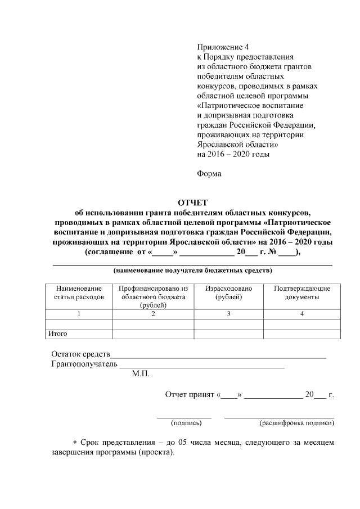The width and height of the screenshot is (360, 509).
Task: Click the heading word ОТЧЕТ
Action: click(193, 202)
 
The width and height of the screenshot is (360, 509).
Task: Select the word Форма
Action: click(209, 173)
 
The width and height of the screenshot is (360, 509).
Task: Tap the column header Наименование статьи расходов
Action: click(79, 292)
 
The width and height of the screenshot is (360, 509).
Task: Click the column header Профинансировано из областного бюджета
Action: click(153, 296)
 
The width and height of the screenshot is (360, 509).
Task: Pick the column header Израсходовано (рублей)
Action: click(228, 292)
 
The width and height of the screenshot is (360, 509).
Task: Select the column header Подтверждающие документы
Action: click(302, 292)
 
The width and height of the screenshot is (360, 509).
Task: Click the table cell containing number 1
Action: click(79, 314)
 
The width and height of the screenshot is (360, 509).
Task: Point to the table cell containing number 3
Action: click(228, 314)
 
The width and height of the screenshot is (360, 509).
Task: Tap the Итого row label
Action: click(58, 334)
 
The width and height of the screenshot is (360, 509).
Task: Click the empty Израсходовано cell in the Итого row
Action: click(228, 334)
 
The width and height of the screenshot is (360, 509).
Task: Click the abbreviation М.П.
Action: click(141, 374)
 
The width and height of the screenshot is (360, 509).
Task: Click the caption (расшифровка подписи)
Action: click(296, 422)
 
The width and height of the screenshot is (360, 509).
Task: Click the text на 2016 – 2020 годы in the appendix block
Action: click(233, 154)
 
